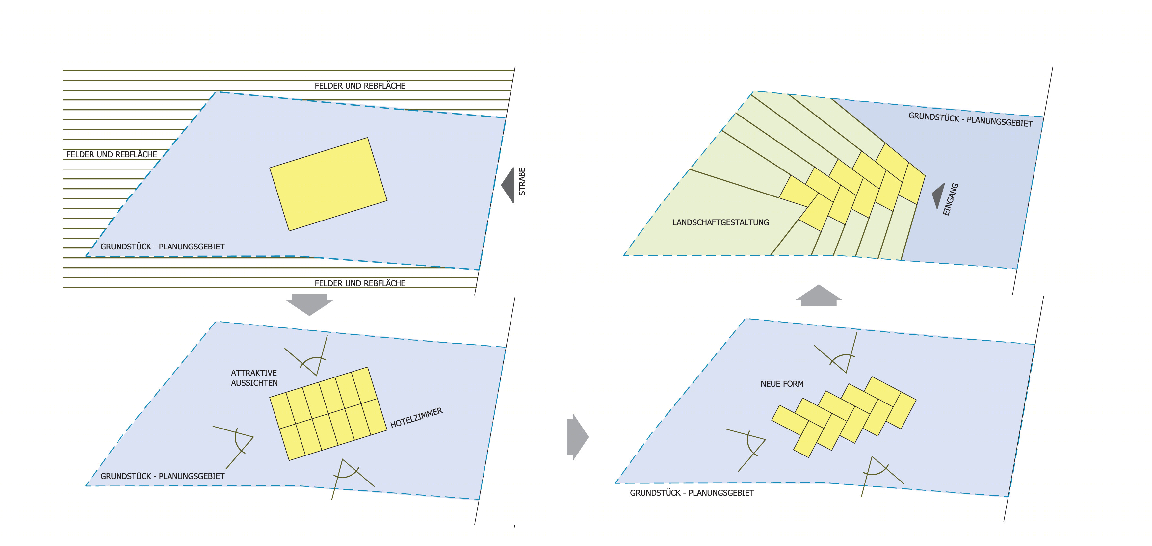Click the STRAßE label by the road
tap(522, 182)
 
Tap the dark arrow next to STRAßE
tap(508, 185)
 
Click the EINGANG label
tap(950, 199)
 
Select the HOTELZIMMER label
tap(416, 418)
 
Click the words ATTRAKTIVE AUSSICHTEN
tap(254, 378)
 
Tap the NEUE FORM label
tap(782, 384)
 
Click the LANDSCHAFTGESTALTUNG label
tap(720, 222)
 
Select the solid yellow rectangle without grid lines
tap(328, 184)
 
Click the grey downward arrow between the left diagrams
tap(309, 304)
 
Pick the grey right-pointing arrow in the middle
tap(577, 437)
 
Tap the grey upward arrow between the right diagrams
tap(818, 296)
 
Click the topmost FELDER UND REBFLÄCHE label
tap(360, 86)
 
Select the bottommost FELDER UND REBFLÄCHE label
tap(360, 283)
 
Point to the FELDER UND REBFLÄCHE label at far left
tap(112, 154)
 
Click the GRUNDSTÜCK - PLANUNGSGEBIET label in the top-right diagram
tap(970, 120)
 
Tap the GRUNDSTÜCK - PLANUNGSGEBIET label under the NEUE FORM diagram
tap(692, 493)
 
